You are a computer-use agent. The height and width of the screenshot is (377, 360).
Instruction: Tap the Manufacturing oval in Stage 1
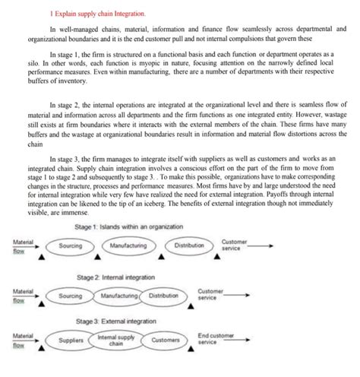pos(128,246)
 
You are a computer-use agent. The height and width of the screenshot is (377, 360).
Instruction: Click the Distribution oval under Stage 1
pos(189,246)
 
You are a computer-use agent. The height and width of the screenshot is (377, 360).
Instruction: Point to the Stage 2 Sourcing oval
pos(71,295)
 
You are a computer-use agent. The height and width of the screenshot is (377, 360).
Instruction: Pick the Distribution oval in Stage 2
pos(163,295)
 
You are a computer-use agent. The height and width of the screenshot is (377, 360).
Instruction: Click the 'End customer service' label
pos(216,339)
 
